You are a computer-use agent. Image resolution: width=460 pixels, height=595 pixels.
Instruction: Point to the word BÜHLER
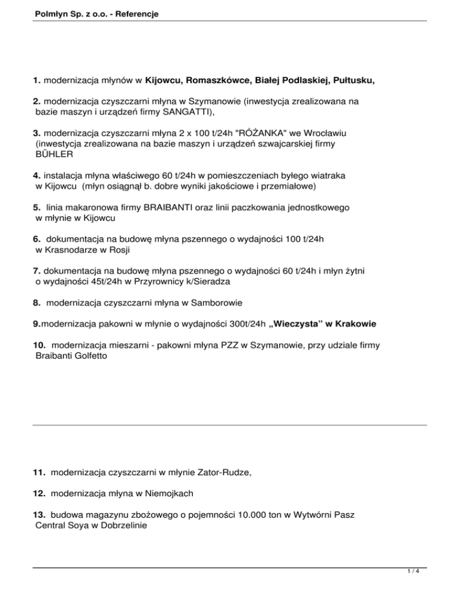click(55, 154)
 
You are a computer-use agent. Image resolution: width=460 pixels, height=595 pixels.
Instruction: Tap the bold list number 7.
click(37, 271)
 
